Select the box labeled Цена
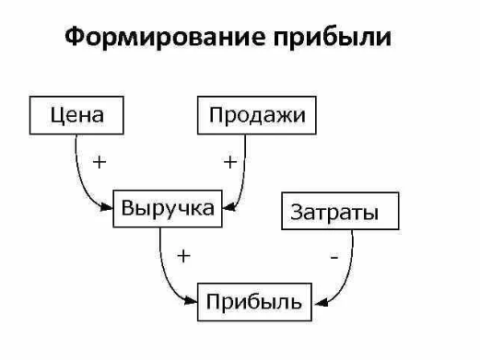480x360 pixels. point(76,116)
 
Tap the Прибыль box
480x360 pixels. point(255,301)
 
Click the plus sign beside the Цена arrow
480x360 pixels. point(99,162)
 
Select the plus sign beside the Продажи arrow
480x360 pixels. point(228,162)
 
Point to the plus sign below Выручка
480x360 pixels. point(183,256)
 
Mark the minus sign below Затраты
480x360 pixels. point(334,259)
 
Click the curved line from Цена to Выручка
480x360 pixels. point(78,175)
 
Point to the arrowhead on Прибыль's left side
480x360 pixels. point(194,301)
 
